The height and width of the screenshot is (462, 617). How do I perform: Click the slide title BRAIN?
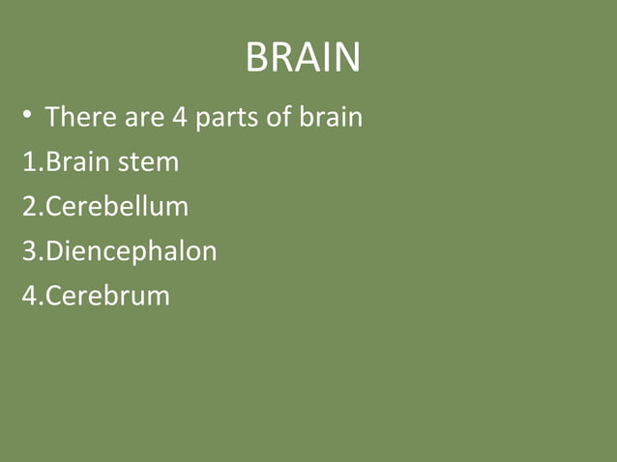[x=303, y=58]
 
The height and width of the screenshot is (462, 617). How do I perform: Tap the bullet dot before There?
[x=28, y=115]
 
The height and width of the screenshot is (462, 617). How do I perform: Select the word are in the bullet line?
[x=144, y=118]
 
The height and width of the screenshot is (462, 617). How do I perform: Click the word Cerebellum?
[x=116, y=207]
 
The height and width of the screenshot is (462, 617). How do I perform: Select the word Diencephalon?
[x=131, y=251]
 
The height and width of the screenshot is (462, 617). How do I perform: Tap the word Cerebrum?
[x=107, y=296]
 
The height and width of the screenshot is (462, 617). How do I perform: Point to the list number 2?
[x=30, y=207]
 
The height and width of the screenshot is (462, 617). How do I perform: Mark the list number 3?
[x=30, y=251]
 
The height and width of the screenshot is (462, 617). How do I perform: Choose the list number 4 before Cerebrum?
[x=30, y=296]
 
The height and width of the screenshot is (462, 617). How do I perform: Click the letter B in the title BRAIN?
[x=257, y=58]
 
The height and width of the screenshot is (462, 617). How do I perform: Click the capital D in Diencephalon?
[x=55, y=251]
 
